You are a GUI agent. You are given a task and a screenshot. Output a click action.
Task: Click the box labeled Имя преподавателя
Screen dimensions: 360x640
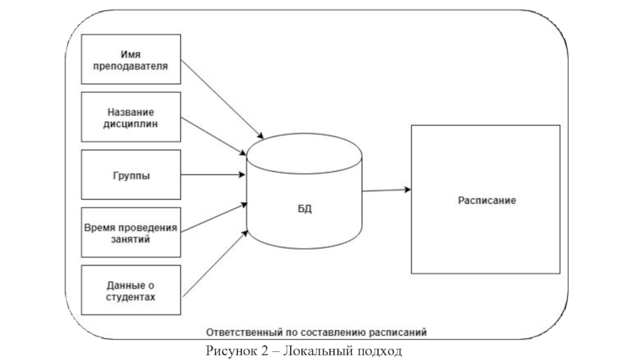click(x=130, y=60)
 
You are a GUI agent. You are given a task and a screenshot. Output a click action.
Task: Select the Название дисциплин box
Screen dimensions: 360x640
click(x=130, y=118)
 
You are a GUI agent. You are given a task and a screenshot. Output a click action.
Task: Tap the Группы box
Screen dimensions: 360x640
click(x=130, y=175)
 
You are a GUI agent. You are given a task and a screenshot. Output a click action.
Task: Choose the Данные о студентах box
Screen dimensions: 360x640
click(x=130, y=290)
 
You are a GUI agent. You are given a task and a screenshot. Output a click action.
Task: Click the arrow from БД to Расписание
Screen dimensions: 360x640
click(x=387, y=190)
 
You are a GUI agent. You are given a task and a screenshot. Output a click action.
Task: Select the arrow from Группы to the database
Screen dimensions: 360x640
click(x=212, y=175)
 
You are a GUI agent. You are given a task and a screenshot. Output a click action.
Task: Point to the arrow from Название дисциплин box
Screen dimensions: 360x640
click(x=212, y=136)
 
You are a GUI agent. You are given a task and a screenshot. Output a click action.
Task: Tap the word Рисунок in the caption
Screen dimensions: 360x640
click(x=232, y=350)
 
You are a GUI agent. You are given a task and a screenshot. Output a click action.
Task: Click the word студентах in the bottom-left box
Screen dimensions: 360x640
click(x=130, y=297)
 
